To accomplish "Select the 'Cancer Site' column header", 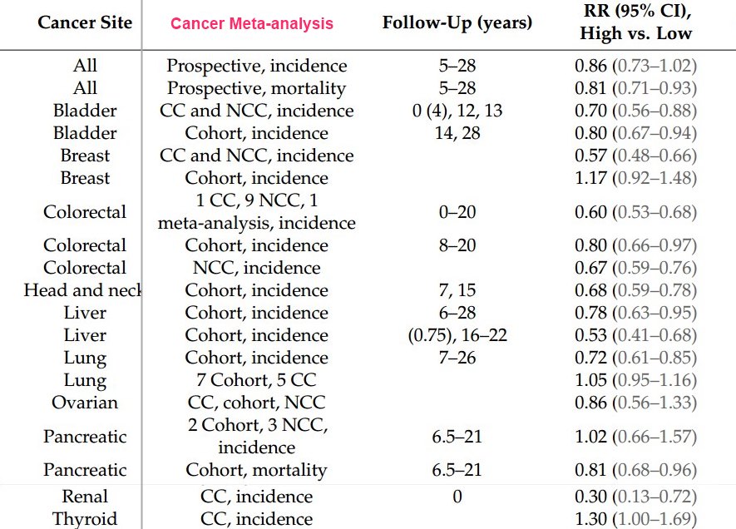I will coord(85,22).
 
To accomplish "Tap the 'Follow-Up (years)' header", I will coord(457,22).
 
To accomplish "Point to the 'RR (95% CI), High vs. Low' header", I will coord(638,23).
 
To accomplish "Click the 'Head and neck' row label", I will coord(83,290).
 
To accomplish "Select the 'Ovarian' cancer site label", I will coord(85,403).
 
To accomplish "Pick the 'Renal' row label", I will coord(85,497).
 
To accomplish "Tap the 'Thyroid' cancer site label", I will coord(85,519).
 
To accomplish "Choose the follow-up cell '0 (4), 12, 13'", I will coord(457,111).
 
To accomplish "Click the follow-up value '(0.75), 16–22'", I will coord(457,335).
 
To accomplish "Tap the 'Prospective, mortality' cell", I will coord(257,88).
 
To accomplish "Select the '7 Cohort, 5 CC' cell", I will coord(257,380).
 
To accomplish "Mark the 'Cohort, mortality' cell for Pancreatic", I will coord(257,470).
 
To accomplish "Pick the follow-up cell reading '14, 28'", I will coord(457,133).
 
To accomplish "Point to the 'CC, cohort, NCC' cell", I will coord(257,403).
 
